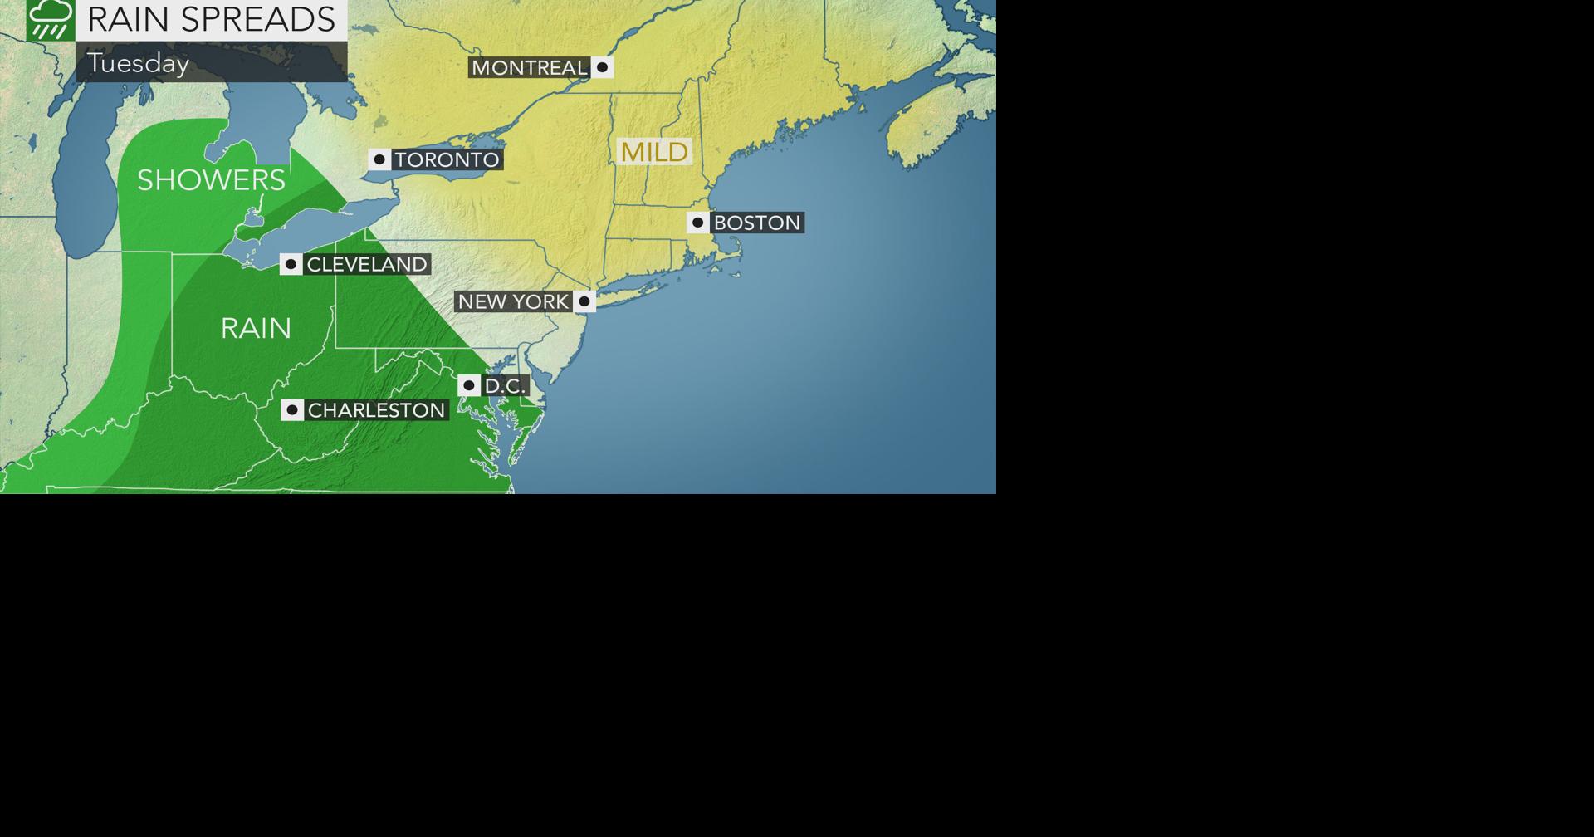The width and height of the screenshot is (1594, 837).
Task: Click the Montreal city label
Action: [x=529, y=67]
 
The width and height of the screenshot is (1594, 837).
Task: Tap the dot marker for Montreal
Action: [x=602, y=67]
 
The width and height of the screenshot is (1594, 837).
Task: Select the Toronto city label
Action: [x=447, y=159]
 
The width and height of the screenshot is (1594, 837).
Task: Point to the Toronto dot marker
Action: [x=379, y=159]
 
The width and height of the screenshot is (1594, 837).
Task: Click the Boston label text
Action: [x=756, y=223]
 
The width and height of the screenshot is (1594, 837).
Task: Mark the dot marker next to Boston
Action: [x=697, y=223]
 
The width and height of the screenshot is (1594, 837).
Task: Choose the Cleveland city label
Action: [x=367, y=264]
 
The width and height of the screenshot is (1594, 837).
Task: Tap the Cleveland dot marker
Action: [x=291, y=264]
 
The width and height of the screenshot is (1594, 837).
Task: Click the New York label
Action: [x=513, y=301]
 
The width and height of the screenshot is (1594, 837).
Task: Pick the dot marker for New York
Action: [x=584, y=301]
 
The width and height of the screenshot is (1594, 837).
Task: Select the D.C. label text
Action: [x=505, y=386]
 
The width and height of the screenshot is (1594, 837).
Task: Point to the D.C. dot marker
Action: [x=468, y=385]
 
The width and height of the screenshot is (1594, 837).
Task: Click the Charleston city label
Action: [x=376, y=410]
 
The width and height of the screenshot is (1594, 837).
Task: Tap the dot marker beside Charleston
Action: [x=291, y=410]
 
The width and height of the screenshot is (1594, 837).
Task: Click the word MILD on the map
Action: [x=654, y=152]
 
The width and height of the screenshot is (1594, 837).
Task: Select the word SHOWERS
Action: [x=211, y=180]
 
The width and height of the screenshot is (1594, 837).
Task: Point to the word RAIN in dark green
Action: [x=256, y=329]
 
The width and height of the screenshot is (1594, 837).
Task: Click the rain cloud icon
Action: [x=51, y=19]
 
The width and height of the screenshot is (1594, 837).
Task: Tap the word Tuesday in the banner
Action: [x=139, y=63]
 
